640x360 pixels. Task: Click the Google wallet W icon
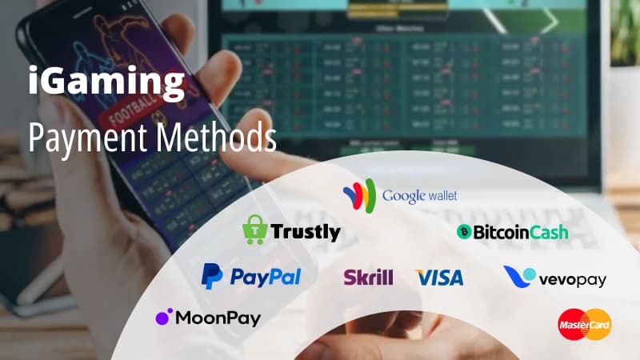[359, 195]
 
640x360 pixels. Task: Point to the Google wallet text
[419, 196]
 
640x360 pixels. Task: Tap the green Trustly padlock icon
[254, 230]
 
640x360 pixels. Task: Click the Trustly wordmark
[305, 233]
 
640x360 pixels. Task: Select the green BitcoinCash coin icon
[462, 232]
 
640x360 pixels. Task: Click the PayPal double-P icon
[212, 277]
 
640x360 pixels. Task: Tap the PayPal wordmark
[265, 278]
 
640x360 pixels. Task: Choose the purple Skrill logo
[368, 278]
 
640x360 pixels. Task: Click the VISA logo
[439, 278]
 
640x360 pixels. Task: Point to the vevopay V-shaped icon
[520, 277]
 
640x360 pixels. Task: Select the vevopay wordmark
[573, 280]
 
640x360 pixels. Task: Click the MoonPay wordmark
[218, 318]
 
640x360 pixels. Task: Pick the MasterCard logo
[585, 323]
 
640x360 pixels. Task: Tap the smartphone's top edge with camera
[88, 12]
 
